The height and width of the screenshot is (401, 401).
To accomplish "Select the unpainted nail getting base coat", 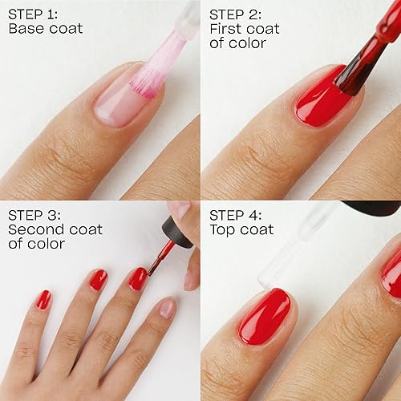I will pos(120,100).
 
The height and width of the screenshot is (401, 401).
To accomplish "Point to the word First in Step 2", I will pos(228,29).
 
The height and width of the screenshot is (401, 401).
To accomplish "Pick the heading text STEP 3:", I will pos(35,214).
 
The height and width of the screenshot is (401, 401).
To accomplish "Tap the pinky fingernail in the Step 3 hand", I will pos(43,299).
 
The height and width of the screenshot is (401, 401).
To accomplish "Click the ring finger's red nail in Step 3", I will pos(98,280).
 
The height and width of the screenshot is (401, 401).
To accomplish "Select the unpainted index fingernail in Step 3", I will pos(167,308).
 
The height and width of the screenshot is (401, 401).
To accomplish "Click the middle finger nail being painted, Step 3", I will pos(138,278).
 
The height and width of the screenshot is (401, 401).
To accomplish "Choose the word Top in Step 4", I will pos(224,229).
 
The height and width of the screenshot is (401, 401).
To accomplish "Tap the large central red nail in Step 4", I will pos(265,316).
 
